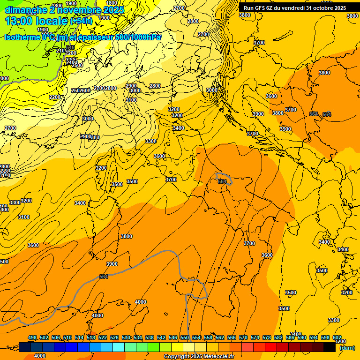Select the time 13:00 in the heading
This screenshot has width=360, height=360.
coord(19,21)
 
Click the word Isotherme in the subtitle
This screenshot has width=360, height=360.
coord(21,37)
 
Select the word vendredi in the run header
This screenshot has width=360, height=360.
coord(293,8)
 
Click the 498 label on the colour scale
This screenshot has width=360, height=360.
coord(32,337)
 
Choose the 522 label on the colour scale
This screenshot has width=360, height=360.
coord(103,337)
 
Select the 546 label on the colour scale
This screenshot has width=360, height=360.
coord(173,337)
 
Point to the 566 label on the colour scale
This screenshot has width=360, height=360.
coord(232,337)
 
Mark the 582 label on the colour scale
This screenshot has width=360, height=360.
coord(278,337)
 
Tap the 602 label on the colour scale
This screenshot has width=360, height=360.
coord(337,337)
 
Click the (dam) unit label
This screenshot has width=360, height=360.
coord(347,347)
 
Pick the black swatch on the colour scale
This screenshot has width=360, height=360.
coord(330,347)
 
